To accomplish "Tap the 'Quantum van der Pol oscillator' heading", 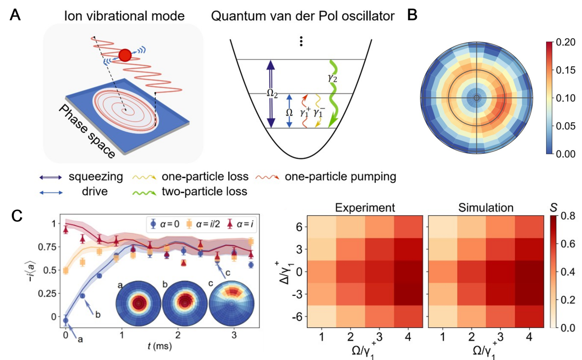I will (x=303, y=17).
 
